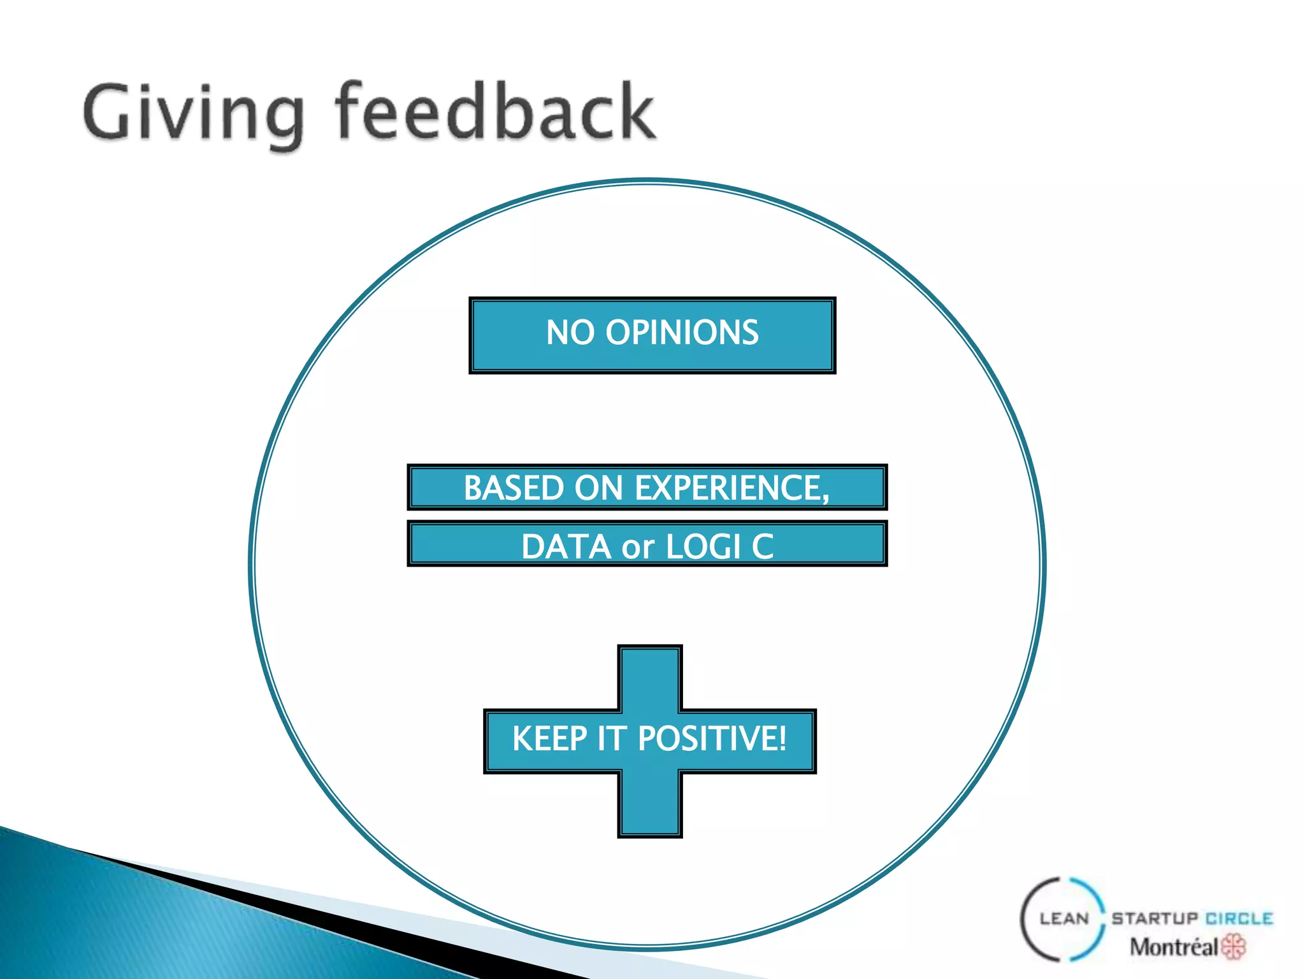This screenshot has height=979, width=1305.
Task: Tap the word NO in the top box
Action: pyautogui.click(x=570, y=333)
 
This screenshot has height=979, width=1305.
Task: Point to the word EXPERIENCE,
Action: pyautogui.click(x=733, y=488)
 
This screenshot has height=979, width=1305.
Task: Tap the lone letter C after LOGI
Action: pyautogui.click(x=763, y=547)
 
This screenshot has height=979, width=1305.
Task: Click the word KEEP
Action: pyautogui.click(x=549, y=739)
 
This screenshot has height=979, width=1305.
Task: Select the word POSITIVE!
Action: pyautogui.click(x=712, y=739)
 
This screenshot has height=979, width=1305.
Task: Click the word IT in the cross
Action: pyautogui.click(x=612, y=739)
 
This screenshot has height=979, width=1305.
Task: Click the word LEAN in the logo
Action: pyautogui.click(x=1064, y=918)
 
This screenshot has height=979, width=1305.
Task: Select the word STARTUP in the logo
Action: pyautogui.click(x=1155, y=918)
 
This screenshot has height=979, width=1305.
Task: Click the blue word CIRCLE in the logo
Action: pyautogui.click(x=1239, y=918)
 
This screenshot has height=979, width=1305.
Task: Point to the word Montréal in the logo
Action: pyautogui.click(x=1174, y=947)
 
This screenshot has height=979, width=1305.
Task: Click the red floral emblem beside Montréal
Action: pyautogui.click(x=1234, y=946)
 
